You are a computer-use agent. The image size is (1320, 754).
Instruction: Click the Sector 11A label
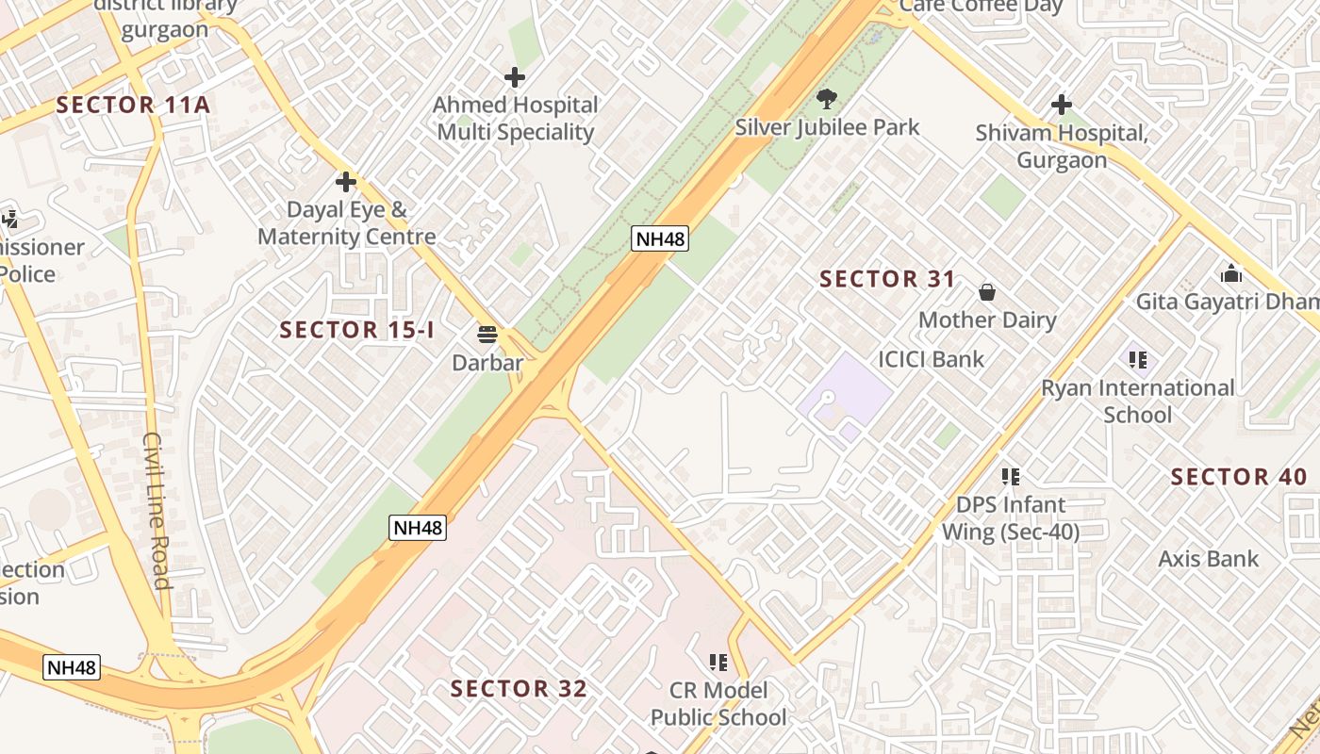133,105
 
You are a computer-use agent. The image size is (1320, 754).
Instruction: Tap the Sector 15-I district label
357,330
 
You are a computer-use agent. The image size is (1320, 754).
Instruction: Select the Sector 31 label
887,279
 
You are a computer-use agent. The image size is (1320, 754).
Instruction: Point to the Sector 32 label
519,689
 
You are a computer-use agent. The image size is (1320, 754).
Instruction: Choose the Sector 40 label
1239,477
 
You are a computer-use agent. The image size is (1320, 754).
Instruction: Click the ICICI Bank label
931,359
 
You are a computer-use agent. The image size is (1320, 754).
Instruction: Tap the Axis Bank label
1208,559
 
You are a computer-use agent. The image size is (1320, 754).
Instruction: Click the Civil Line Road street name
157,510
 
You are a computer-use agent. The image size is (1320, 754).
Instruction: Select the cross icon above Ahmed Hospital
515,76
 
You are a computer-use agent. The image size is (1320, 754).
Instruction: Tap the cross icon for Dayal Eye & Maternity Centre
346,181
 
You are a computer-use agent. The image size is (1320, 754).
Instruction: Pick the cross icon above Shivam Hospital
1062,104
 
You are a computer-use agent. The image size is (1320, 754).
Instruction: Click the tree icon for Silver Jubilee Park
827,98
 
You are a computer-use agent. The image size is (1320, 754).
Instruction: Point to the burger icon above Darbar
487,334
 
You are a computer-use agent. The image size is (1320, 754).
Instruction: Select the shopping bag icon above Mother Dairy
987,292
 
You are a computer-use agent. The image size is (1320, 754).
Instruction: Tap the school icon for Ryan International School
1138,359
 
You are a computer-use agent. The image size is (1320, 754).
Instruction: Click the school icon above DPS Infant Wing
1011,476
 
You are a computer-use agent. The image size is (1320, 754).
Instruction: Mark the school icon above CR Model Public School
718,662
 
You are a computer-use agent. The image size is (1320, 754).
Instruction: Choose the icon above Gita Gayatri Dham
1230,273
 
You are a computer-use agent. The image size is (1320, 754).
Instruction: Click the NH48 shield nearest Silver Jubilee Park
660,238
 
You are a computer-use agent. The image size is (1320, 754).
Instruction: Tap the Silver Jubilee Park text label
827,127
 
